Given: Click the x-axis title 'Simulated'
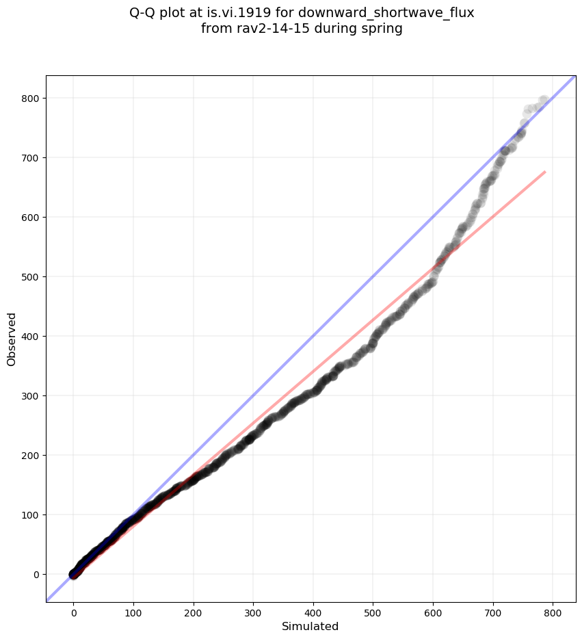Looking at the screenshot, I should tap(310, 626).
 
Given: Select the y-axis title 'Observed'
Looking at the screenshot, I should tap(12, 339).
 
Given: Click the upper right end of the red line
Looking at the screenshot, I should tap(544, 172).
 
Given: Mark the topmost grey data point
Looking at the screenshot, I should tap(544, 101).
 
